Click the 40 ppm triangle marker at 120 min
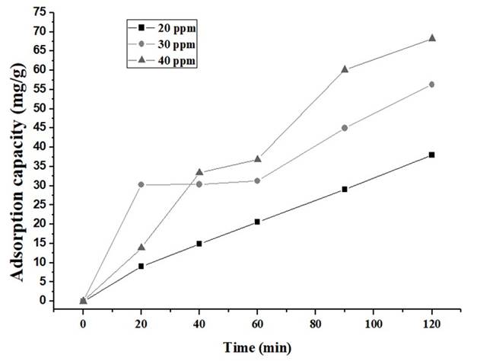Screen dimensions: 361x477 [432, 37]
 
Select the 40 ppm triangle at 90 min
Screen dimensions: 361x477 [345, 69]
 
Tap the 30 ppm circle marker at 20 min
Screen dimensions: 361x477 [141, 184]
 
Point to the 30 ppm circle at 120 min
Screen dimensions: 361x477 [432, 84]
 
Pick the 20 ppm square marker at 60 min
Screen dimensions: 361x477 [257, 222]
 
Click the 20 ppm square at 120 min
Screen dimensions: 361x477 [432, 155]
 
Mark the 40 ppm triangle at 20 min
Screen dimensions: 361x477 [141, 247]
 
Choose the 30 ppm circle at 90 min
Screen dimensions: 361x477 [345, 128]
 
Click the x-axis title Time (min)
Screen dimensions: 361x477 [257, 347]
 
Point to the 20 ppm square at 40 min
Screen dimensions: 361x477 [199, 244]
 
